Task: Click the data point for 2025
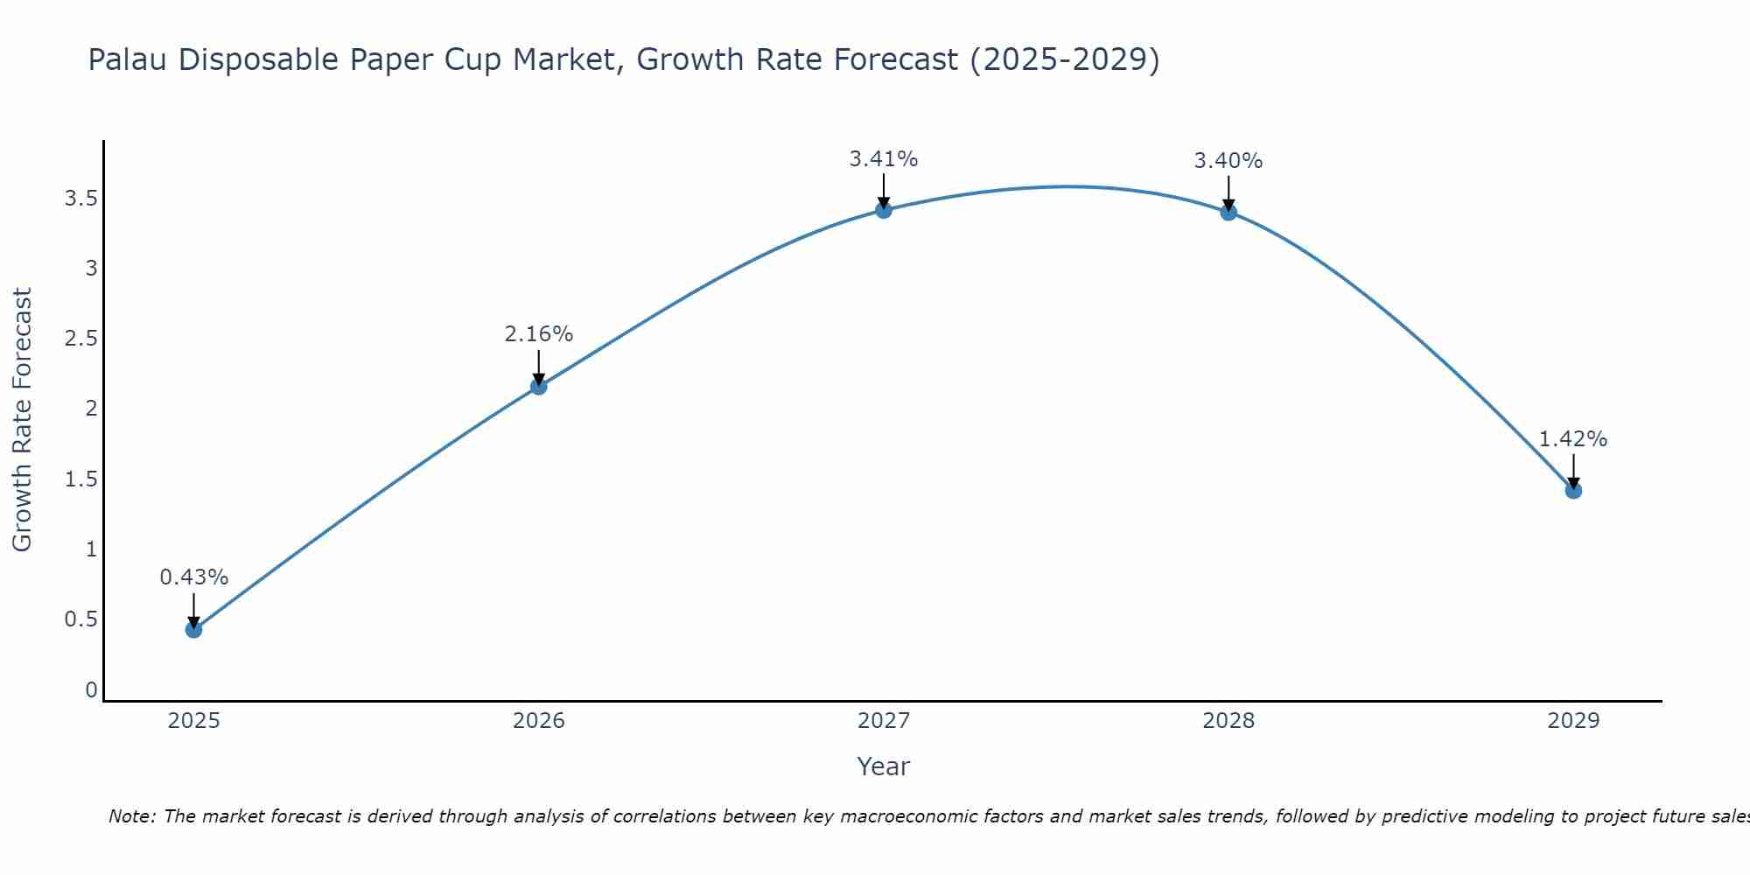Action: [x=193, y=629]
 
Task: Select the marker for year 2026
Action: [x=538, y=386]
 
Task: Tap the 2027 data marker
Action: [x=883, y=210]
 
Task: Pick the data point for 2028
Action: [x=1228, y=212]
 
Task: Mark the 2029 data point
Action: [x=1572, y=490]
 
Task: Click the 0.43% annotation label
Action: [x=193, y=577]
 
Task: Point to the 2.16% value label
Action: [x=538, y=334]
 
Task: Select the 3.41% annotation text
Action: [x=883, y=159]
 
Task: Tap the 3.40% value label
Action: [x=1228, y=161]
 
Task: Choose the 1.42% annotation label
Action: [x=1572, y=439]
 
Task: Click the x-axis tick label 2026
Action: [x=538, y=721]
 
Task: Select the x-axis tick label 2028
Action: [x=1228, y=721]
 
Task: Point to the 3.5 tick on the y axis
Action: [x=80, y=199]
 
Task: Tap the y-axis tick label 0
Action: [x=91, y=690]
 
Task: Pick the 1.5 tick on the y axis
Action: [x=80, y=479]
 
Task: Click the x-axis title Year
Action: [x=883, y=766]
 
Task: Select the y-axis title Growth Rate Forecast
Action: [x=22, y=420]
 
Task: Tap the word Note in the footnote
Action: [x=131, y=816]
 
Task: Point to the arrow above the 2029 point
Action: [x=1572, y=471]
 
